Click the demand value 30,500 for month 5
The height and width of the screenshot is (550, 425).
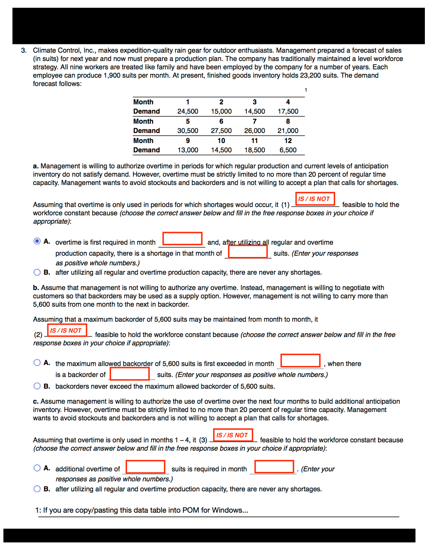coord(187,131)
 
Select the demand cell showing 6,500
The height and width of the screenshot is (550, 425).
coord(288,150)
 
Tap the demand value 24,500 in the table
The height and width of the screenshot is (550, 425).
coord(187,111)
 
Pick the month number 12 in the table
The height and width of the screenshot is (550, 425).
coord(288,141)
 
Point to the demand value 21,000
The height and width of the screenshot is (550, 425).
coord(288,131)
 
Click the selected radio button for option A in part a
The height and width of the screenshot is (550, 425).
coord(37,241)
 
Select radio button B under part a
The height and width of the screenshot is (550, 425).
coord(37,272)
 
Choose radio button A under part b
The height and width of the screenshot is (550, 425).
coord(37,363)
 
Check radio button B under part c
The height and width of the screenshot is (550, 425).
coord(37,488)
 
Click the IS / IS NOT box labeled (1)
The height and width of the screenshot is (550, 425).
coord(315,199)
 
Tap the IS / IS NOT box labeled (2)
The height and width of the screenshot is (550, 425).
coord(67,330)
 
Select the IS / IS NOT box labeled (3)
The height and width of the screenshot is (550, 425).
coord(233,435)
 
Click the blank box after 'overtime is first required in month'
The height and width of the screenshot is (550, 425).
coord(182,238)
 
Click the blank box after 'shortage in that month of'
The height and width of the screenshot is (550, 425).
coord(248,252)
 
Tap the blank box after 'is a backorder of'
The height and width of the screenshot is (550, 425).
coord(130,374)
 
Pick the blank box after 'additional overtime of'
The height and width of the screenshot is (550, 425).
coord(145,467)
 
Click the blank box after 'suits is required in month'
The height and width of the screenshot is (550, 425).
coord(274,467)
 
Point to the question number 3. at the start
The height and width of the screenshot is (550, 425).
coord(24,51)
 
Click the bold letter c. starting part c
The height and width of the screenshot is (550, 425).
coord(35,401)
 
